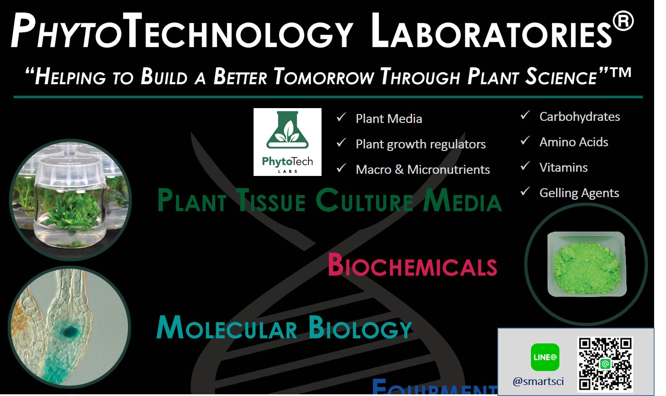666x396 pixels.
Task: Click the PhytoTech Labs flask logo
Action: click(x=287, y=142)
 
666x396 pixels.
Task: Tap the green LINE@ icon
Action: click(x=545, y=357)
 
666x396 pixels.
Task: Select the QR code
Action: click(x=605, y=364)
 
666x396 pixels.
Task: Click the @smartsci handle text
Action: click(x=538, y=381)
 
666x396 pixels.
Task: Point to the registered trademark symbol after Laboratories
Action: click(x=623, y=21)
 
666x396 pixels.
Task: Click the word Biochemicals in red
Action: click(x=412, y=265)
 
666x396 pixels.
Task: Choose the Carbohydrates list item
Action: click(x=579, y=117)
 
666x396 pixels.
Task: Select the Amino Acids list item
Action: click(x=573, y=142)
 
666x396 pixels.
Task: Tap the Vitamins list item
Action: click(x=563, y=167)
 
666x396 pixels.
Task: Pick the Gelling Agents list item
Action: click(x=579, y=193)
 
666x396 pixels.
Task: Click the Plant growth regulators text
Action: click(x=420, y=144)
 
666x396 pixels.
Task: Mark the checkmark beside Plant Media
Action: click(x=341, y=117)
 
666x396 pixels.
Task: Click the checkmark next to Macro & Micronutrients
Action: click(x=341, y=168)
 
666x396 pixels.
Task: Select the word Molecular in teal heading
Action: click(x=227, y=328)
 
